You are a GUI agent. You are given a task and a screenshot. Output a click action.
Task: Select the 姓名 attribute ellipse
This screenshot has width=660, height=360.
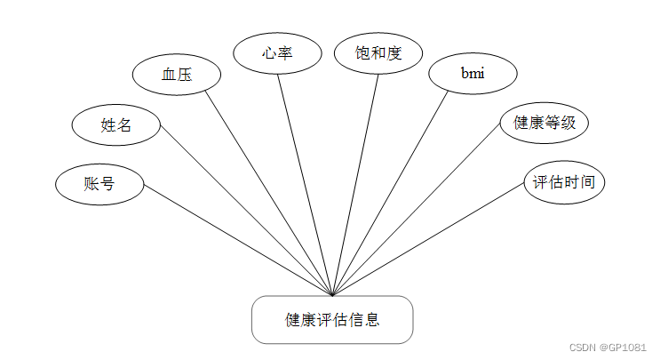116,124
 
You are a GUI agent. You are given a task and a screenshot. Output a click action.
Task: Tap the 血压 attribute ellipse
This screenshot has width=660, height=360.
176,76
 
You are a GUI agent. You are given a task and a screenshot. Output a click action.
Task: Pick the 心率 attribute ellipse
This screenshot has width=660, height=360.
277,52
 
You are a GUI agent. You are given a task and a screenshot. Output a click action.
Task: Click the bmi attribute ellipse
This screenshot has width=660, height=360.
472,74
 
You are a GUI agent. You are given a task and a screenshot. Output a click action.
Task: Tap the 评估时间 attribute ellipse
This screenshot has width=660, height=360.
563,183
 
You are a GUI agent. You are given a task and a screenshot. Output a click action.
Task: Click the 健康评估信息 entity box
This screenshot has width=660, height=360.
332,320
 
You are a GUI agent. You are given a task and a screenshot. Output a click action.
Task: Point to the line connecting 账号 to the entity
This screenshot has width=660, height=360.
238,240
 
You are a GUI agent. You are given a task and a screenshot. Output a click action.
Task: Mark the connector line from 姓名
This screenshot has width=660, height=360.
246,215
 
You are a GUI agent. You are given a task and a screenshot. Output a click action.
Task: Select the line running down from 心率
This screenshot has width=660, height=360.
306,184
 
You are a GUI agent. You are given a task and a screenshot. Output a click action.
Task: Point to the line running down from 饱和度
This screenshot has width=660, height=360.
355,184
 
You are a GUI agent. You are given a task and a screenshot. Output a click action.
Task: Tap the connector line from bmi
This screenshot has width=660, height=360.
390,192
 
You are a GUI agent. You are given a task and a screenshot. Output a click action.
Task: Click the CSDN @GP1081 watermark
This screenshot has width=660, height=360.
607,348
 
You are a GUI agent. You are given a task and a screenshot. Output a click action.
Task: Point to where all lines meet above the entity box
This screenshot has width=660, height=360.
332,294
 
